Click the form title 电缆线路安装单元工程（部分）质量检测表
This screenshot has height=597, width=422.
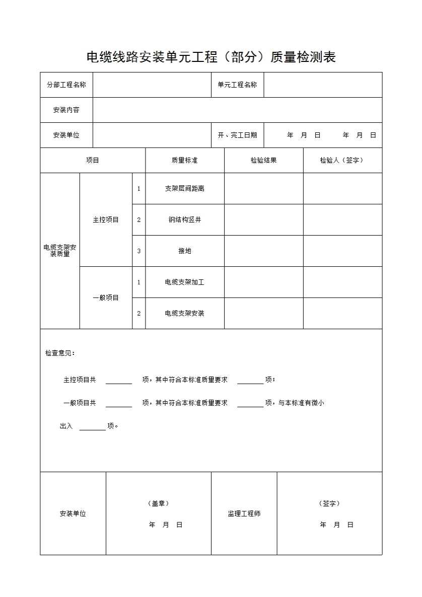(x=211, y=57)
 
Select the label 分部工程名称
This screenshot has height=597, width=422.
(x=66, y=85)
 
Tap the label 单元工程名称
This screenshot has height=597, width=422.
(x=237, y=85)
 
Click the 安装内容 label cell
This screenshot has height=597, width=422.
(x=66, y=110)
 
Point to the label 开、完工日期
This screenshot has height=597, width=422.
(x=237, y=135)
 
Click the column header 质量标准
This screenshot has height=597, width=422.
(x=184, y=160)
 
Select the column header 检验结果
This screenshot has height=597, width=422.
(x=263, y=160)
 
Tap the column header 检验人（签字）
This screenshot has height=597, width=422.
(x=342, y=160)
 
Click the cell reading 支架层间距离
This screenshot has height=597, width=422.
(x=184, y=188)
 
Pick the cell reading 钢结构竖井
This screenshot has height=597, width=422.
(x=184, y=219)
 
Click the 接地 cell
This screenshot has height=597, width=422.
(x=184, y=251)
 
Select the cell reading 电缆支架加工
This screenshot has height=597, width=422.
(x=184, y=282)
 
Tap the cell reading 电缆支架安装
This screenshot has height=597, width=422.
(x=184, y=313)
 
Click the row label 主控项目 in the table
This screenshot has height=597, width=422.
(x=106, y=219)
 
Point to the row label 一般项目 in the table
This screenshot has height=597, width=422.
(x=106, y=297)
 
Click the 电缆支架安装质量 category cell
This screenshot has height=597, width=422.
(x=60, y=251)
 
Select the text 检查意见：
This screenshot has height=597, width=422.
(x=60, y=353)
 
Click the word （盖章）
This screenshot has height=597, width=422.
(x=158, y=503)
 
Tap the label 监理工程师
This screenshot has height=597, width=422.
(x=244, y=513)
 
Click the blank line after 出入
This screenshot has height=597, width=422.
(x=93, y=427)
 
